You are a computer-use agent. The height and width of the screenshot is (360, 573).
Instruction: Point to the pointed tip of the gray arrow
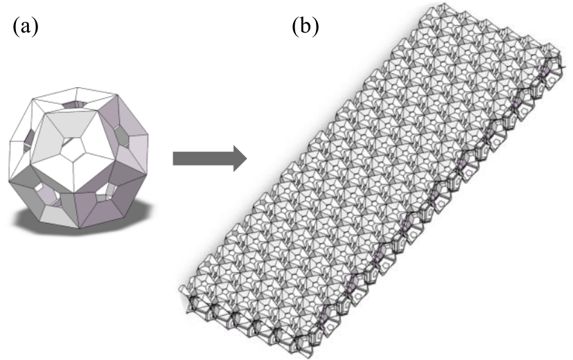[247, 159]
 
